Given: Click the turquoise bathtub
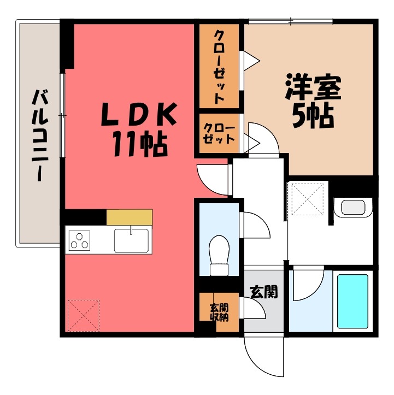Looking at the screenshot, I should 352,300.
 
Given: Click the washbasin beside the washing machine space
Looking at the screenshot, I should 352,208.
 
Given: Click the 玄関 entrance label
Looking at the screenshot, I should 264,292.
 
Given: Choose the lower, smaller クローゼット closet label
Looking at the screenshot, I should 219,134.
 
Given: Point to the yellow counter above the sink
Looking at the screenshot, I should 130,217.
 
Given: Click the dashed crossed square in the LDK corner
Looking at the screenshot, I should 84,315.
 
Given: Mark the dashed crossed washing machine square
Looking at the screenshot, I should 308,199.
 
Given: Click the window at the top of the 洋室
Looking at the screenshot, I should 290,21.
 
